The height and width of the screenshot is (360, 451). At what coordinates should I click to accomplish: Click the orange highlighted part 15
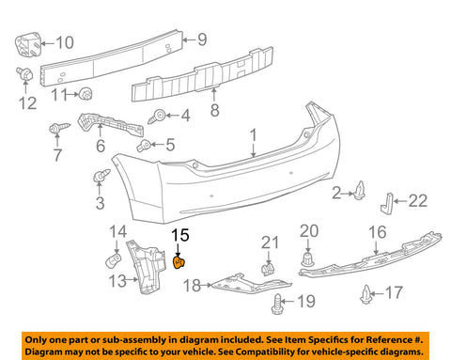179,262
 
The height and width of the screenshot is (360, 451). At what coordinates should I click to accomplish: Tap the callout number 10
65,42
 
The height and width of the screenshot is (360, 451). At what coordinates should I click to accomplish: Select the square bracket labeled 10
28,45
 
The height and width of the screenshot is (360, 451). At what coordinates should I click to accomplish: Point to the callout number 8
214,110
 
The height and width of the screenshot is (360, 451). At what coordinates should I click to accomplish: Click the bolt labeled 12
24,74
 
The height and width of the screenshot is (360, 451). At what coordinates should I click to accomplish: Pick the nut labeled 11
86,93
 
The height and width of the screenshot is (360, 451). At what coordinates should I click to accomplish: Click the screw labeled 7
59,128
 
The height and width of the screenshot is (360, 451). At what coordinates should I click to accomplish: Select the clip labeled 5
144,146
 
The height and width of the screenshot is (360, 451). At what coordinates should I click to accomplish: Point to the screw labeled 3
101,177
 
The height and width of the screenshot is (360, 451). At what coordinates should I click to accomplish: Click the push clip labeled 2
360,191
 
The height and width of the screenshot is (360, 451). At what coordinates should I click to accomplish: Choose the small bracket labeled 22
386,203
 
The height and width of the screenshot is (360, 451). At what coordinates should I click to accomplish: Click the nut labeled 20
308,259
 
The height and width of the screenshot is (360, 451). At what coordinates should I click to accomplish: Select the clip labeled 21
267,270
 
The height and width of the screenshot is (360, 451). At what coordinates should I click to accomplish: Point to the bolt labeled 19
277,305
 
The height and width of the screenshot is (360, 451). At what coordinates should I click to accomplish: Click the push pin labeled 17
365,294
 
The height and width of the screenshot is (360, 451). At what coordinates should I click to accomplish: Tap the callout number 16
378,232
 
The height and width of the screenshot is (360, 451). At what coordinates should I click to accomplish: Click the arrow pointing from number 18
206,285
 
